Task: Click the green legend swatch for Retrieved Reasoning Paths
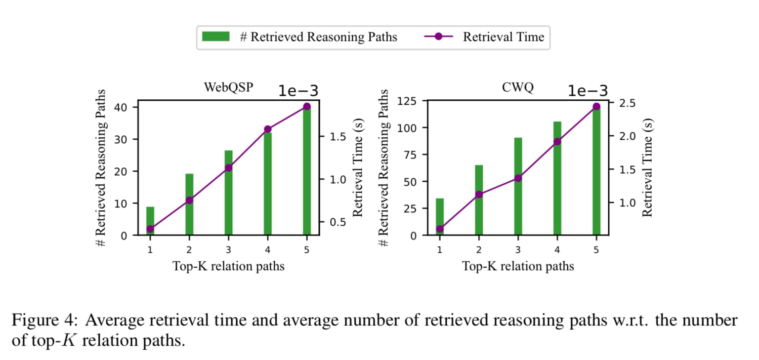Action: point(215,37)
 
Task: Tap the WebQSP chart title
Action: point(228,87)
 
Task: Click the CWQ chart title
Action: point(517,87)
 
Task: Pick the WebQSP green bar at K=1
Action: point(150,221)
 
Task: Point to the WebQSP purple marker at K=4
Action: point(267,129)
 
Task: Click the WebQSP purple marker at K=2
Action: point(189,200)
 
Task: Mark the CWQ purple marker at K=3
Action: point(518,178)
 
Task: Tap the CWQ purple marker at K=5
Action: point(596,107)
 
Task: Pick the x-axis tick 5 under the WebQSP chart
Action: point(306,250)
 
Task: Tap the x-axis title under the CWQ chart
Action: point(518,267)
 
